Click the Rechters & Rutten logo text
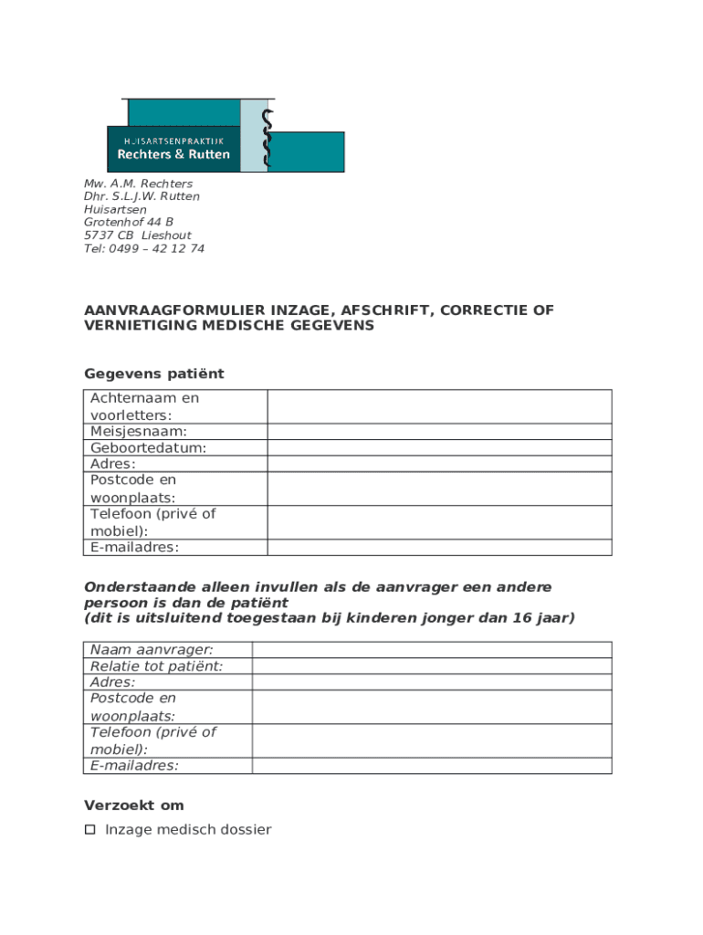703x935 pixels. pyautogui.click(x=173, y=154)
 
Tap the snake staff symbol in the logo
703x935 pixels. pyautogui.click(x=267, y=139)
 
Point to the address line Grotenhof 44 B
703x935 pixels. pyautogui.click(x=129, y=222)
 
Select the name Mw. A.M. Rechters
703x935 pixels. pyautogui.click(x=138, y=184)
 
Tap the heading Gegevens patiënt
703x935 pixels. pyautogui.click(x=153, y=373)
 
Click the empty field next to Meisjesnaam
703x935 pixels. pyautogui.click(x=439, y=431)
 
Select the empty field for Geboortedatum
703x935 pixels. pyautogui.click(x=439, y=447)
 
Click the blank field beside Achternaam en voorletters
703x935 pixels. pyautogui.click(x=439, y=406)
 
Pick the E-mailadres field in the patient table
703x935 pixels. pyautogui.click(x=439, y=547)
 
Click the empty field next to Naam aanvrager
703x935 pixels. pyautogui.click(x=431, y=649)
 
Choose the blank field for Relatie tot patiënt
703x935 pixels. pyautogui.click(x=431, y=666)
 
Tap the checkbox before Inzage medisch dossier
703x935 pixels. pyautogui.click(x=89, y=830)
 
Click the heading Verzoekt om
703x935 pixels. pyautogui.click(x=134, y=805)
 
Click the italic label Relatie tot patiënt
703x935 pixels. pyautogui.click(x=156, y=666)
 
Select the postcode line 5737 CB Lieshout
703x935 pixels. pyautogui.click(x=138, y=236)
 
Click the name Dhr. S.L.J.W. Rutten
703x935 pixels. pyautogui.click(x=142, y=196)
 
